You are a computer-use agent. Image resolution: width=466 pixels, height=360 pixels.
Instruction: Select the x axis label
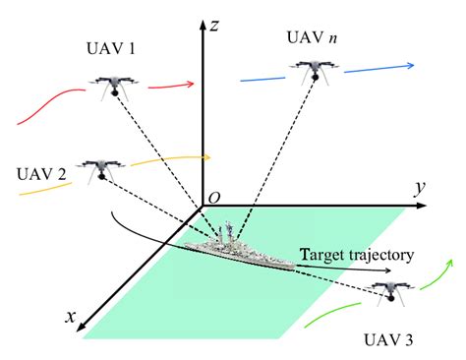coord(72,316)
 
